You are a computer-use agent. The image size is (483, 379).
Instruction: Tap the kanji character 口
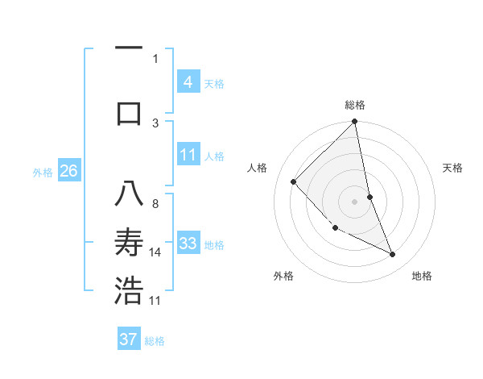[x=129, y=113]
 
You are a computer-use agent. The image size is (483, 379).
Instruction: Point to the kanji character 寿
[x=129, y=242]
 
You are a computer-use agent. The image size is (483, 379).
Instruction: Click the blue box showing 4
[x=188, y=82]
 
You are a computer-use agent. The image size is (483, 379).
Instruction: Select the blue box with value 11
[x=188, y=155]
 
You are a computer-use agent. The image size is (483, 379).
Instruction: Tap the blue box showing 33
[x=188, y=244]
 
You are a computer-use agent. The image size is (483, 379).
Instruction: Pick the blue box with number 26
[x=68, y=171]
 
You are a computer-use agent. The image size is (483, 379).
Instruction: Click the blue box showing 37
[x=128, y=339]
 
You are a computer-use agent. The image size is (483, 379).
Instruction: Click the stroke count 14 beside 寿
[x=155, y=252]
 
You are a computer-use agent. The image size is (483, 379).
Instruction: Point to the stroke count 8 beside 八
[x=155, y=204]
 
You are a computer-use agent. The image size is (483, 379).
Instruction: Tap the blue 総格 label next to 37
[x=155, y=341]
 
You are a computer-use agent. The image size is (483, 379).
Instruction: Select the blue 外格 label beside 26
[x=43, y=172]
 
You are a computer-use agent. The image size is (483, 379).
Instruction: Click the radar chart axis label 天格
[x=452, y=168]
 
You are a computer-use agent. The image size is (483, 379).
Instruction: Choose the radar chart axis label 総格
[x=355, y=105]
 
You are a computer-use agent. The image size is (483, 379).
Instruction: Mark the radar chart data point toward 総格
[x=355, y=123]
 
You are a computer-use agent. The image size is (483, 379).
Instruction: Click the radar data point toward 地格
[x=393, y=254]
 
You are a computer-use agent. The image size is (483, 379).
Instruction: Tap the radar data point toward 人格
[x=294, y=181]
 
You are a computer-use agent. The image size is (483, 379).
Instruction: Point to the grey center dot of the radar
[x=355, y=202]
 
